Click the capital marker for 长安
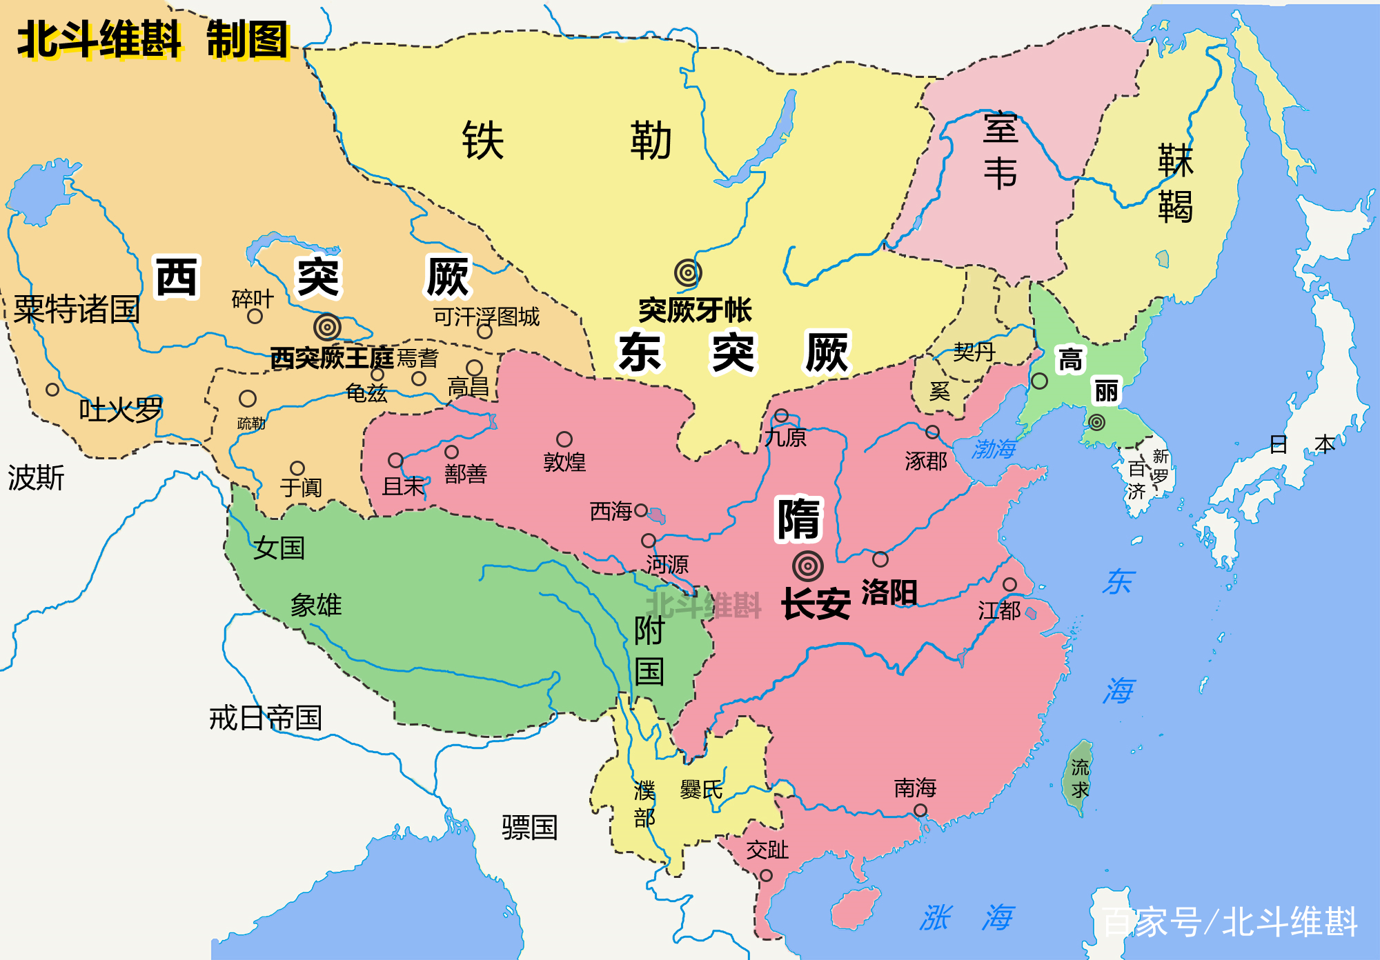point(808,566)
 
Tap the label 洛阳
point(889,592)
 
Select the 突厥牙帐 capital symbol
point(688,273)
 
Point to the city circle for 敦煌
point(564,439)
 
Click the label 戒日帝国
point(266,718)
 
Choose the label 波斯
point(36,477)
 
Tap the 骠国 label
point(529,827)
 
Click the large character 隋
point(798,519)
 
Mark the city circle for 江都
point(1009,585)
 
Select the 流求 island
point(1080,777)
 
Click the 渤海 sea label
point(994,449)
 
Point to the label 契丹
point(974,352)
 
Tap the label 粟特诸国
point(77,309)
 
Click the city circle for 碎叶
point(255,317)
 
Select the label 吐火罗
point(121,410)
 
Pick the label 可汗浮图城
point(486,317)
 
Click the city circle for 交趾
point(766,875)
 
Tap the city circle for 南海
point(920,810)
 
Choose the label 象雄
point(316,606)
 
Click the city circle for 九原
point(781,415)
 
